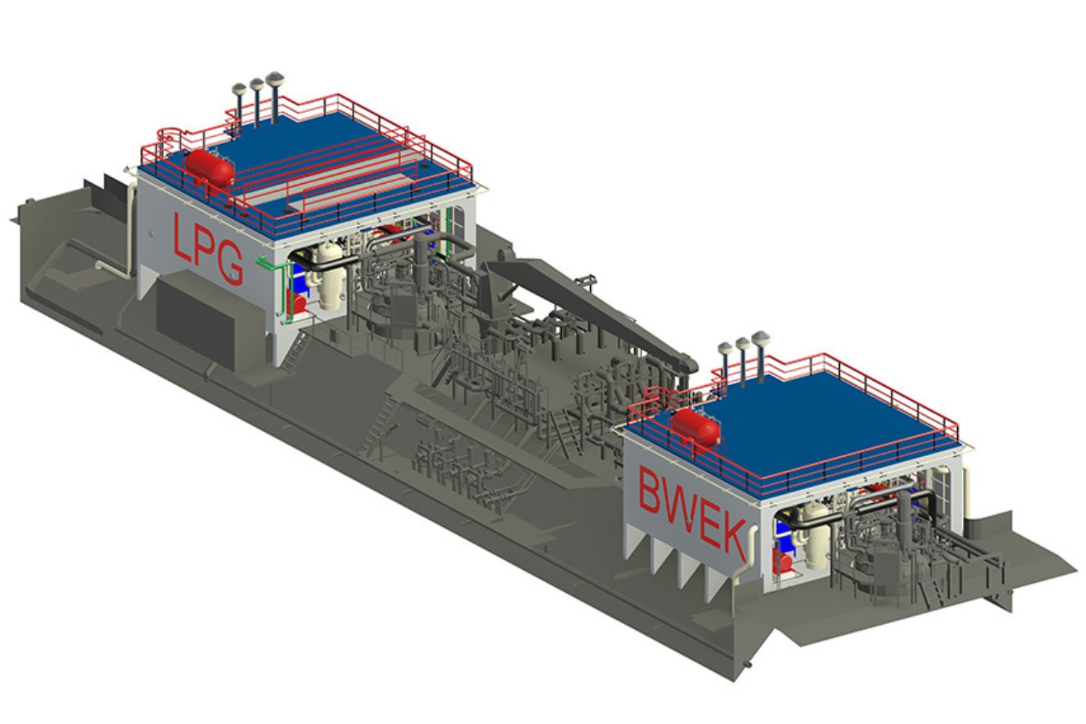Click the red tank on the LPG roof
point(211,166)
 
